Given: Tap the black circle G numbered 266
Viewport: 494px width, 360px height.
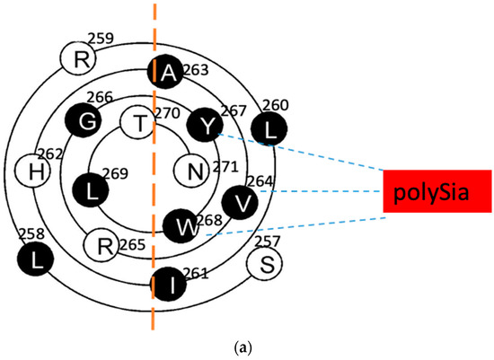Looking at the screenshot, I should [x=81, y=121].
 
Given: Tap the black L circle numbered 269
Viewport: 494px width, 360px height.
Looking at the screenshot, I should [x=92, y=190].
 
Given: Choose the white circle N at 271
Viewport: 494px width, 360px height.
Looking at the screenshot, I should [x=191, y=170].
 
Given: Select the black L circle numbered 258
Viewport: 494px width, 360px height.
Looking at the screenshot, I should [x=36, y=259].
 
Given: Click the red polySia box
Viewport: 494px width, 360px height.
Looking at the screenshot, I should [x=437, y=190].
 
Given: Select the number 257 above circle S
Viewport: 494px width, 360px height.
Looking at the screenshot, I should [x=267, y=241].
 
